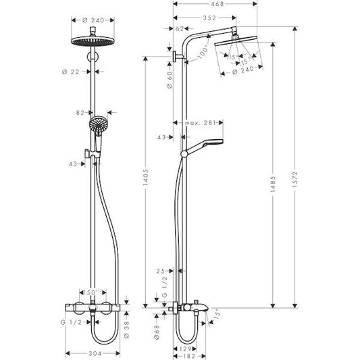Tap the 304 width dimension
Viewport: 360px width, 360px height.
96,352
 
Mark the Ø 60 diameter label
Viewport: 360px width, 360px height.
166,84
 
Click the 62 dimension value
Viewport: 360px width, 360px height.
179,29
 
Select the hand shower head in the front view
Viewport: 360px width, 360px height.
96,126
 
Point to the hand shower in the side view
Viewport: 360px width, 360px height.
203,147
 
